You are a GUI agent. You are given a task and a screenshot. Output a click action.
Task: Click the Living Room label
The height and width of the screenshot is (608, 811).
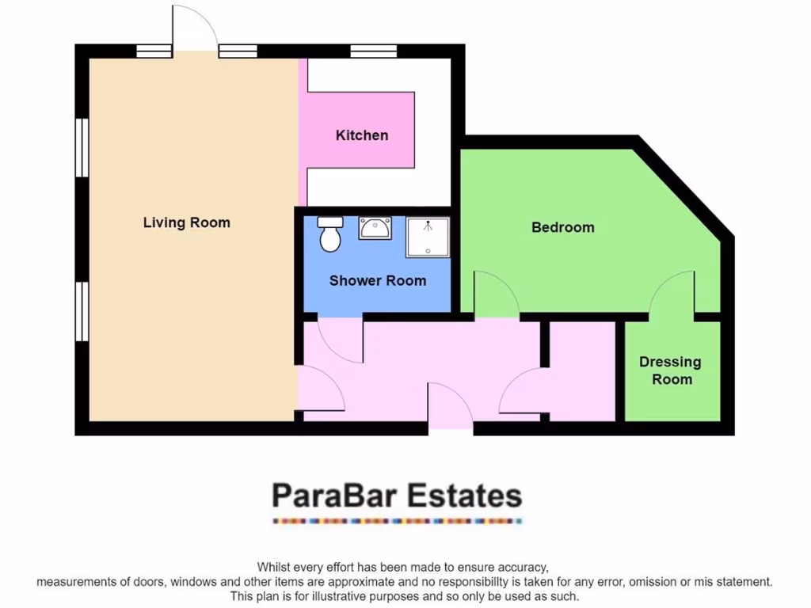tap(186, 222)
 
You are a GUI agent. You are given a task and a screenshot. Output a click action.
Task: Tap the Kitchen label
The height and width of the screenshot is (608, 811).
tap(362, 135)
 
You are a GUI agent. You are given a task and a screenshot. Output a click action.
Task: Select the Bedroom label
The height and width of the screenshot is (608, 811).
tap(562, 227)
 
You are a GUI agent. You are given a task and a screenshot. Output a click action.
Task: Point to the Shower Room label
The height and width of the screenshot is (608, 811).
tap(377, 280)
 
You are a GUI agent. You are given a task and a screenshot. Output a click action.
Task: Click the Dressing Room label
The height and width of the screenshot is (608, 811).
tap(670, 370)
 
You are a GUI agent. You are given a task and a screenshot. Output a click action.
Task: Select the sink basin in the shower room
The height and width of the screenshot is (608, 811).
tap(373, 228)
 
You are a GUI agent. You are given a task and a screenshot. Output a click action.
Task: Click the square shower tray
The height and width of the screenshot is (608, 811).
tap(428, 237)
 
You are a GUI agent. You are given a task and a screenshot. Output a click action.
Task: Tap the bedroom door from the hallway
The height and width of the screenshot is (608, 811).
tap(495, 295)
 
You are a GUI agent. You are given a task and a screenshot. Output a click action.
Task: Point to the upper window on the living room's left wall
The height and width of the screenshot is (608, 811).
tap(82, 147)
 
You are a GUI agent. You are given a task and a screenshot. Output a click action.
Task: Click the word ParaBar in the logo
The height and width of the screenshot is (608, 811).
tap(334, 496)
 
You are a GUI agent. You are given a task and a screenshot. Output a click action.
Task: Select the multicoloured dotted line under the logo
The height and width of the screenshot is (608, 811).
tap(397, 521)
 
